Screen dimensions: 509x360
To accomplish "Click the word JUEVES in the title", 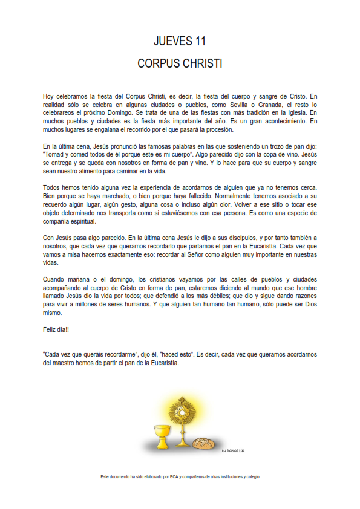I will pyautogui.click(x=172, y=41).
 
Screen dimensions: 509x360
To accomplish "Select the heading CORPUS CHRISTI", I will pyautogui.click(x=180, y=63).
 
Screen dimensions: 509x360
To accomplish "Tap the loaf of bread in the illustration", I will pyautogui.click(x=203, y=443).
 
